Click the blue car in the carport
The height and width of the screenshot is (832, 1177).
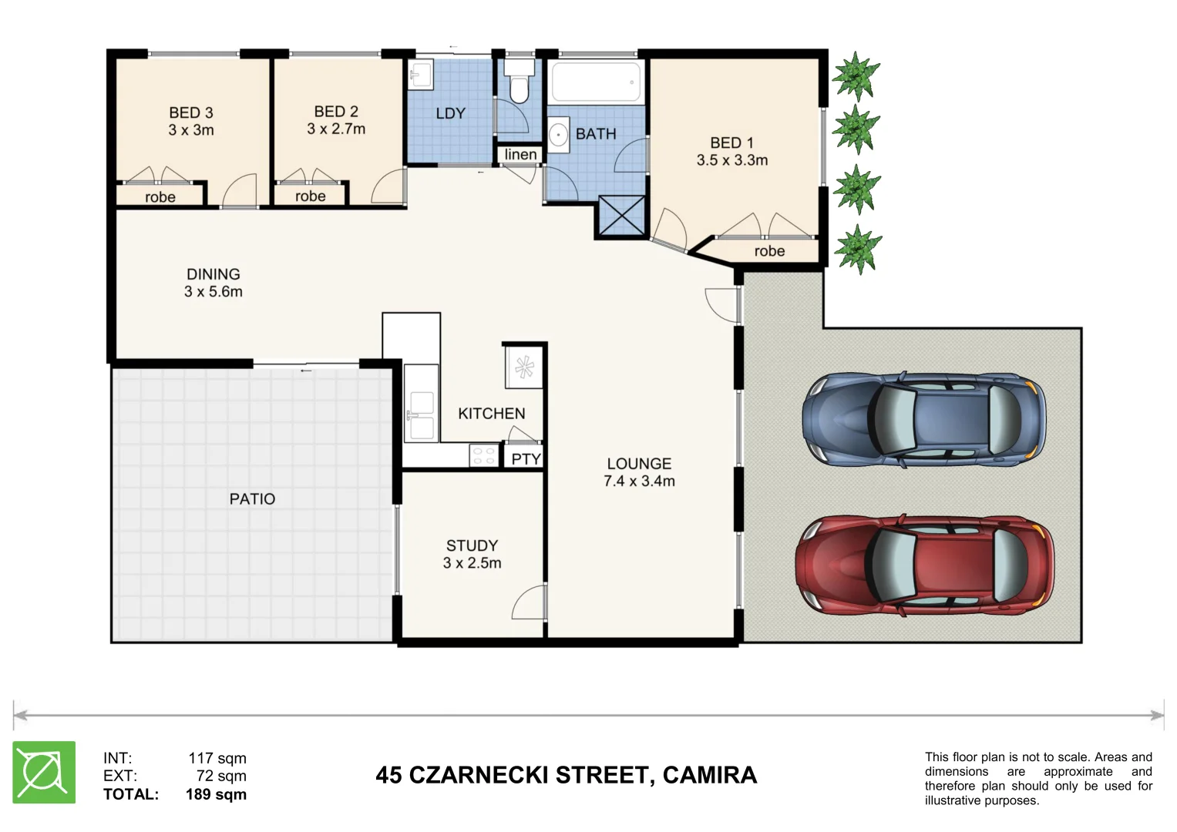[923, 420]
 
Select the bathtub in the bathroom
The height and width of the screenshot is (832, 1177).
[595, 82]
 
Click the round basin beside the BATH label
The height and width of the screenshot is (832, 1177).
[558, 134]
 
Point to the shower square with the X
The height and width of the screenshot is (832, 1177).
[620, 216]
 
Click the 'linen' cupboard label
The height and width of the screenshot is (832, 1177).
[520, 155]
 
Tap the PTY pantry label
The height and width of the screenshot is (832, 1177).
[526, 459]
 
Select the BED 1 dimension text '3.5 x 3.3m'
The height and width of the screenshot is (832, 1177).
[731, 160]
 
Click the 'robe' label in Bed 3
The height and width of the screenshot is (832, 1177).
[160, 197]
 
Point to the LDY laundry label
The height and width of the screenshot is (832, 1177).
[450, 113]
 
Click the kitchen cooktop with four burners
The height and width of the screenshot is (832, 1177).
[484, 455]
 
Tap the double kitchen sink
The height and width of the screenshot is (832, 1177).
[421, 415]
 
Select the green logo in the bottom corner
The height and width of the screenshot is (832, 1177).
[44, 772]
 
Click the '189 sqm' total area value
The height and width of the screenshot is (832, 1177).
[216, 794]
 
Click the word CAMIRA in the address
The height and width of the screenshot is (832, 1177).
[709, 775]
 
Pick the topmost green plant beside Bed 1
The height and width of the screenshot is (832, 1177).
[856, 75]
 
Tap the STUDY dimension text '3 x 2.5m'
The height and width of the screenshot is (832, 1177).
[472, 563]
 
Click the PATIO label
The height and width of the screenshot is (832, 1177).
[252, 499]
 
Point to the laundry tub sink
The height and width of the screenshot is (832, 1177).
[421, 75]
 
